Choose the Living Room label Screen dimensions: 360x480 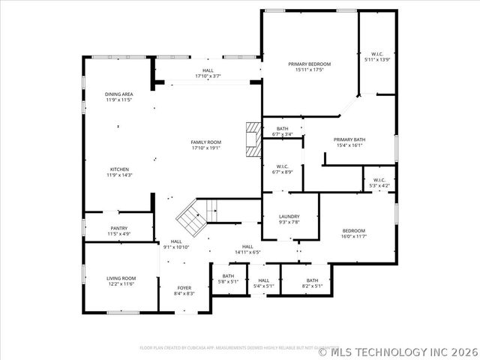pyautogui.click(x=120, y=280)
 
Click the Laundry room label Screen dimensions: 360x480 pyautogui.click(x=289, y=219)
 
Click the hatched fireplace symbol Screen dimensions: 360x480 pyautogui.click(x=253, y=139)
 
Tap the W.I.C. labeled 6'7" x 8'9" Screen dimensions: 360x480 pyautogui.click(x=283, y=169)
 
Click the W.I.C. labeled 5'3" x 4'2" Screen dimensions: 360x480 pyautogui.click(x=377, y=182)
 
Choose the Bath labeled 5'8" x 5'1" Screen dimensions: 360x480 pyautogui.click(x=228, y=278)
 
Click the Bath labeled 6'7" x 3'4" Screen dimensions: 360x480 pyautogui.click(x=282, y=131)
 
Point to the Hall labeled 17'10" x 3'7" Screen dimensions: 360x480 pyautogui.click(x=208, y=73)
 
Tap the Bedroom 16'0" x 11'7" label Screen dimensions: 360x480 pyautogui.click(x=354, y=233)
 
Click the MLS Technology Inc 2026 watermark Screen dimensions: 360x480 pyautogui.click(x=406, y=350)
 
